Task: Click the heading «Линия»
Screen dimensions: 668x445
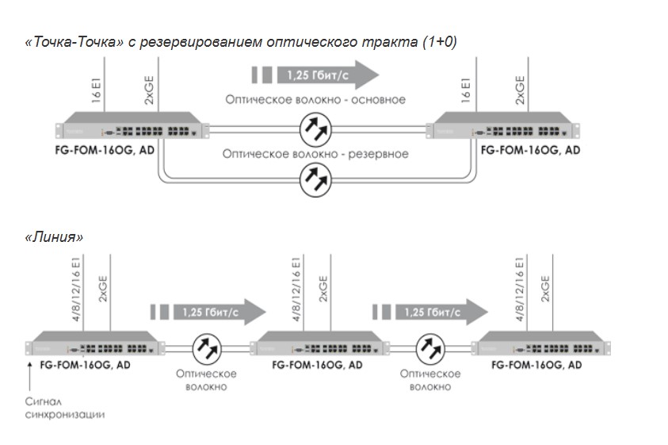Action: coord(54,237)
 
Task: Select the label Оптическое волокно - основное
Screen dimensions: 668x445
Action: coord(315,99)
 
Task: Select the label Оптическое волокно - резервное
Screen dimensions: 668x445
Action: coord(315,154)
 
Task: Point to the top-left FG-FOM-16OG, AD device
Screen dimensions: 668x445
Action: coord(132,125)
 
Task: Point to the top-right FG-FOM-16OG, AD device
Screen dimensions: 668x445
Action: coord(503,125)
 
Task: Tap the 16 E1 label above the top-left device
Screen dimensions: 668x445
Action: coord(97,90)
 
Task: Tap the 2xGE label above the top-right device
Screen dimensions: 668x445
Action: coord(520,90)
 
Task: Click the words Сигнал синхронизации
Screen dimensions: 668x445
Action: coord(65,408)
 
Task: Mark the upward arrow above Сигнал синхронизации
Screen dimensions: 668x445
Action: coord(30,376)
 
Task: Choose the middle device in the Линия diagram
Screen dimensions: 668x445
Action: coord(319,343)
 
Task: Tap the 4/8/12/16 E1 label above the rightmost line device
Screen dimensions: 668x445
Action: coord(519,290)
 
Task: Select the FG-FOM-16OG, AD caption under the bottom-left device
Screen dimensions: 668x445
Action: coord(86,365)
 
